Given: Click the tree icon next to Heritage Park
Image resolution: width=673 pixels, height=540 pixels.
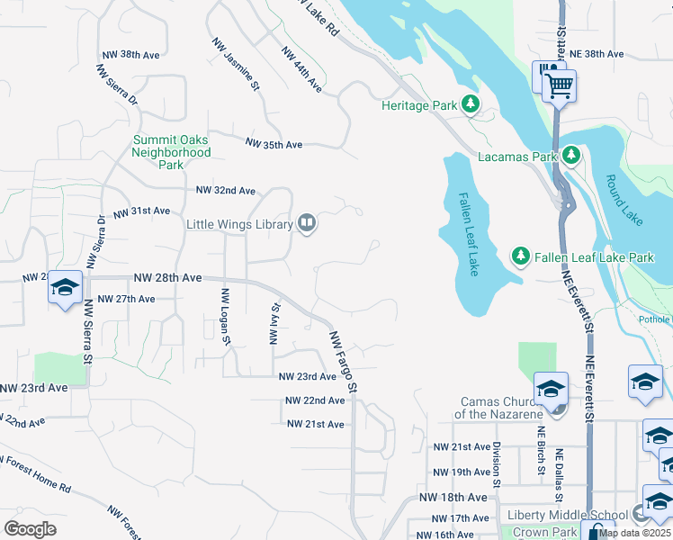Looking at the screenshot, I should [470, 105].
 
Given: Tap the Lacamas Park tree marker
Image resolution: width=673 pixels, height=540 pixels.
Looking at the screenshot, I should [570, 157].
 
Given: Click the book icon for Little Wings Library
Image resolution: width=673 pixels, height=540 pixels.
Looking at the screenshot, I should [307, 223].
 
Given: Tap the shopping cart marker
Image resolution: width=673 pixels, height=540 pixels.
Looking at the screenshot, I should [559, 86].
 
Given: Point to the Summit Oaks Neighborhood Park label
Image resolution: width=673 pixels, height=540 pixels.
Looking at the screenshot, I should [171, 152].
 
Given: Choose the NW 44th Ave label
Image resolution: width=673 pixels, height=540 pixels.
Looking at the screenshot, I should [301, 69].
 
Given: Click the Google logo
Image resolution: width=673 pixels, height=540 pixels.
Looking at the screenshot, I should [30, 529].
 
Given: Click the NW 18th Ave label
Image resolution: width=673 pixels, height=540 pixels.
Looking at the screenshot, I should [452, 498].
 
